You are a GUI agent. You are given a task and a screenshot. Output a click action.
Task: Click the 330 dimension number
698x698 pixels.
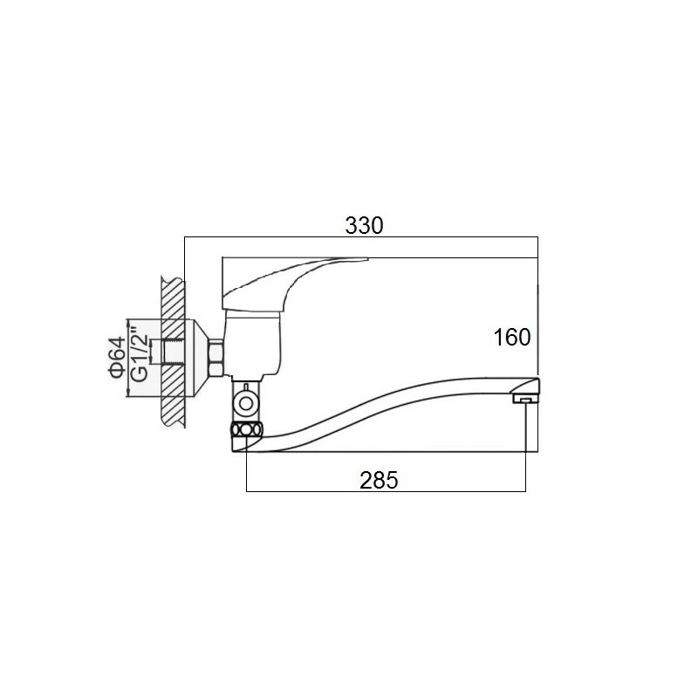(364, 226)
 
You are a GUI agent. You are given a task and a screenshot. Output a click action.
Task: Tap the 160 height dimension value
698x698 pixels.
(512, 337)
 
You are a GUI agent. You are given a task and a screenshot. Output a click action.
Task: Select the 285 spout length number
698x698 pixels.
(379, 481)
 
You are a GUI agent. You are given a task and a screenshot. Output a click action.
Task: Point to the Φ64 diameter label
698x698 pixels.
(117, 359)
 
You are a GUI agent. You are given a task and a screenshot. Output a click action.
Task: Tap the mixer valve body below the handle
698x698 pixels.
(253, 343)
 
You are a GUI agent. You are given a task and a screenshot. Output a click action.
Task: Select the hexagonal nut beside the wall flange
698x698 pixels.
(216, 358)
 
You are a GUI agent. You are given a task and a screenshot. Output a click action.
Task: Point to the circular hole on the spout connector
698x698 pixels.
(245, 404)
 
